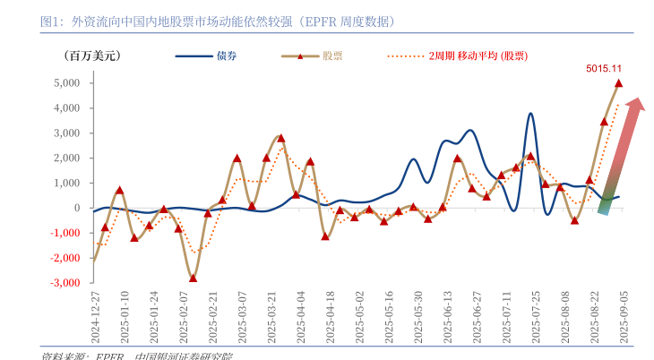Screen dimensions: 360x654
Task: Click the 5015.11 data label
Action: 605,67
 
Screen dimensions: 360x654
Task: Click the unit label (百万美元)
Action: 91,56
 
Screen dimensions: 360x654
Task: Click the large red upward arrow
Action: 622,158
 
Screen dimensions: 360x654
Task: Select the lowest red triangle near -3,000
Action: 193,278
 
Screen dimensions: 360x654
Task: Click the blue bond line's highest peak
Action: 530,114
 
